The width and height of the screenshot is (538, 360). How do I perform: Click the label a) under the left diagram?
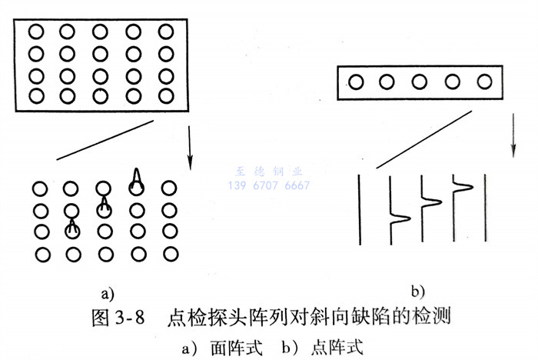(x=107, y=292)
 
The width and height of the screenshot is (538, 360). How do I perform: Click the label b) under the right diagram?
(x=418, y=291)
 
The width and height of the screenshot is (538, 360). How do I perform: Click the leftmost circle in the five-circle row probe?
(x=355, y=82)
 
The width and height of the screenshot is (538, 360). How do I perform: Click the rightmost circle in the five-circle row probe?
(x=484, y=82)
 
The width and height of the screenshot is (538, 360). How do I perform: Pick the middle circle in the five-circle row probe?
(x=420, y=82)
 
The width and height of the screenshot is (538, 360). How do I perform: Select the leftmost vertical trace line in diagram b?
(x=360, y=208)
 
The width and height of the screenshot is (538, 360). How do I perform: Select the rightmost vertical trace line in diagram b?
(x=483, y=208)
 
